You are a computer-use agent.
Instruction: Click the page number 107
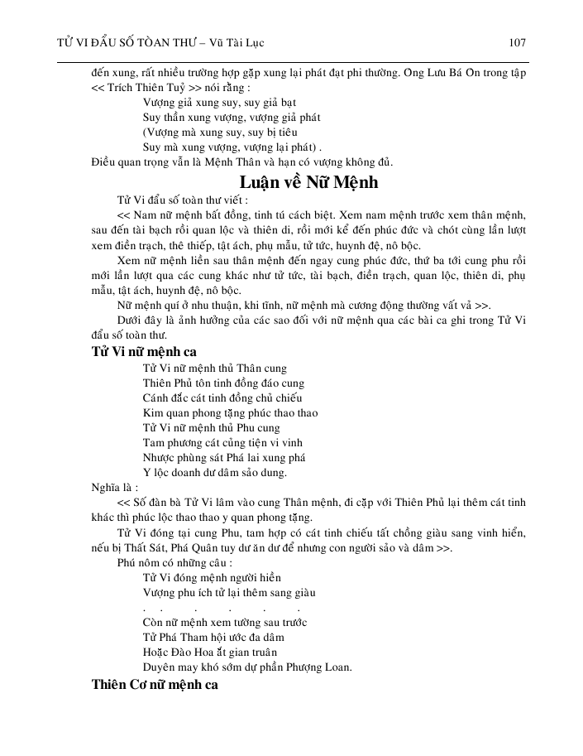pos(518,41)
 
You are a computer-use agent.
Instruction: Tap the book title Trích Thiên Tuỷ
pos(146,87)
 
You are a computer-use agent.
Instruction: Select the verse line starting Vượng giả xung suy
pos(203,102)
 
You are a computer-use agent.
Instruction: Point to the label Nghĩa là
pos(111,488)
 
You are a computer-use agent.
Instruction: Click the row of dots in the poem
pos(220,609)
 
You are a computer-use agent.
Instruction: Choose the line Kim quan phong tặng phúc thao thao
pos(230,412)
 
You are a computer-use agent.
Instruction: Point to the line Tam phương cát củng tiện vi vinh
pos(222,442)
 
